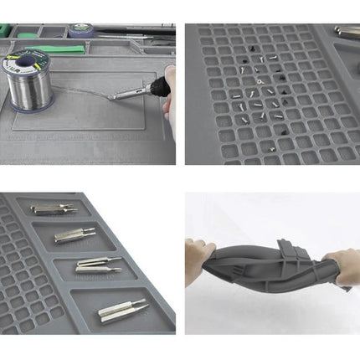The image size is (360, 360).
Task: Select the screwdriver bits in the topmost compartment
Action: (54, 209)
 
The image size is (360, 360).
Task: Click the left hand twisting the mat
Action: (199, 252)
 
